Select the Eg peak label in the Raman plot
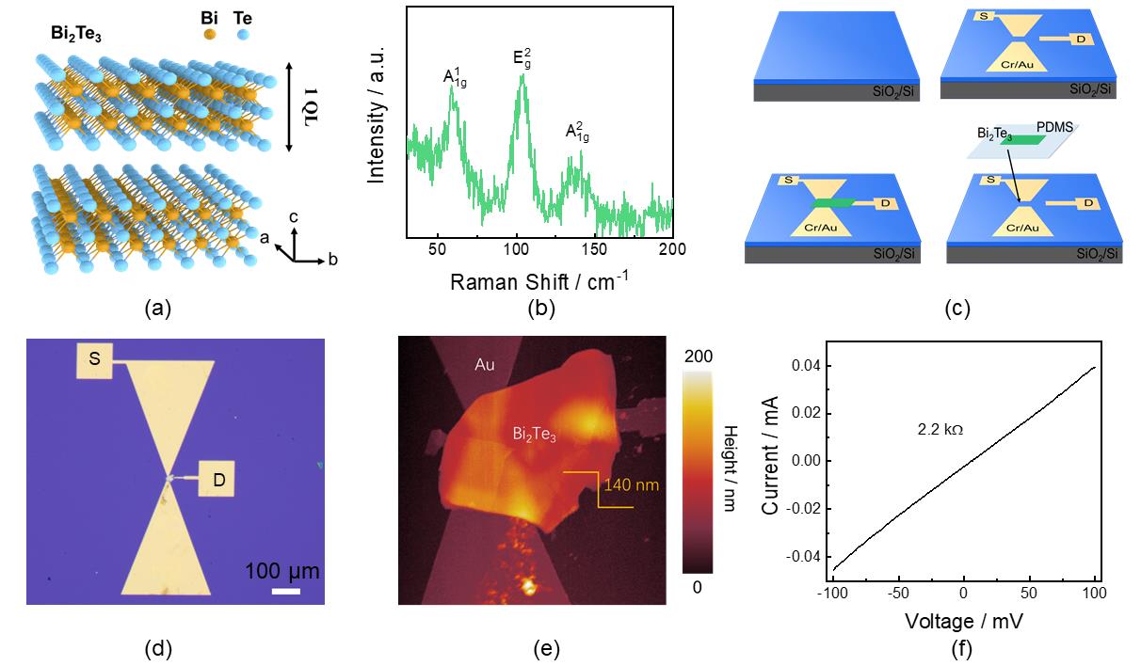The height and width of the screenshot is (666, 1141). click(523, 57)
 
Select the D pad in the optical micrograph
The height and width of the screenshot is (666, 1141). click(217, 483)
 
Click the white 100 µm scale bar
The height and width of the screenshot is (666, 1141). click(285, 592)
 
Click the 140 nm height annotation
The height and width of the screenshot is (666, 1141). click(633, 485)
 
